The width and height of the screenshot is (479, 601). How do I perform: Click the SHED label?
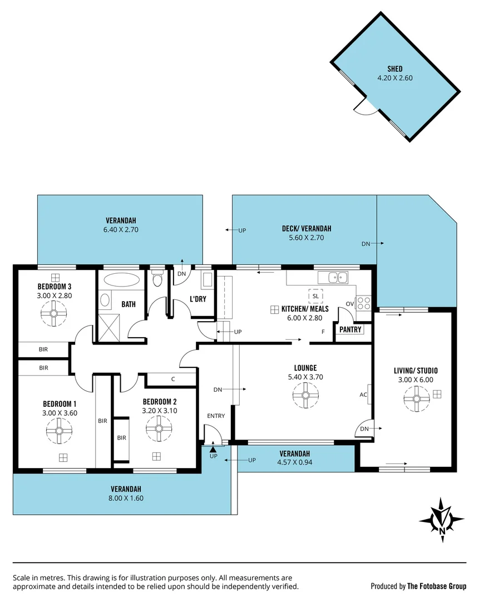[x=394, y=69]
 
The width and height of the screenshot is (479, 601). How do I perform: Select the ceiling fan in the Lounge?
[x=305, y=396]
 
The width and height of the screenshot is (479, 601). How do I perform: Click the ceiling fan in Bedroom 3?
[x=55, y=313]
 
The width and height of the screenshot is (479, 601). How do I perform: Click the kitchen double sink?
[x=338, y=277]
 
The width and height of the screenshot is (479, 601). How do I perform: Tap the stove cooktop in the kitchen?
[x=363, y=303]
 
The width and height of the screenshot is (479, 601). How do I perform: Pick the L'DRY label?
[x=199, y=299]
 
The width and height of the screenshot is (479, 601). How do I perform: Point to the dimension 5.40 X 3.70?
[x=305, y=377]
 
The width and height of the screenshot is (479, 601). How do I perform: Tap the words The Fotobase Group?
[x=437, y=586]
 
